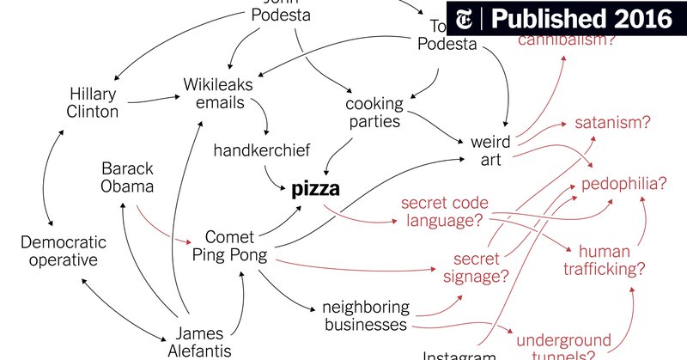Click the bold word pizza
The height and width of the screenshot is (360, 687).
(x=316, y=189)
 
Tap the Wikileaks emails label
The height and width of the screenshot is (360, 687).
(x=215, y=94)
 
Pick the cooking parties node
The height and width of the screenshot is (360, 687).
(x=373, y=113)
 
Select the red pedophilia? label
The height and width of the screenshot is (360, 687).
(x=624, y=184)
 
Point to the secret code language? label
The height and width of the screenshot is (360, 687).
(x=445, y=213)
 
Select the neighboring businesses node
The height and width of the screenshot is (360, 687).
(x=364, y=315)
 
